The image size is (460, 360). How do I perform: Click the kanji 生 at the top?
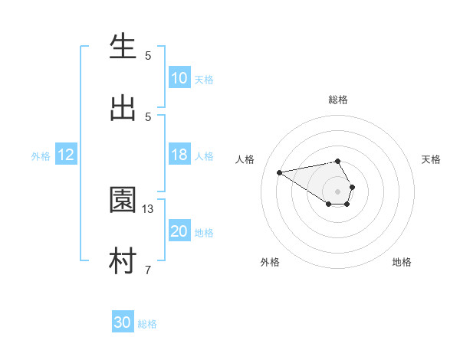click(123, 47)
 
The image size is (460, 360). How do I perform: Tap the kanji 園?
click(123, 201)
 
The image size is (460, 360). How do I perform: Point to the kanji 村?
click(123, 261)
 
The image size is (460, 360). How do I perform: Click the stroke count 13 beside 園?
click(148, 208)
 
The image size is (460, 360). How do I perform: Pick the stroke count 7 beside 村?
click(148, 270)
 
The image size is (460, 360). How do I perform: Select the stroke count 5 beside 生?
click(148, 55)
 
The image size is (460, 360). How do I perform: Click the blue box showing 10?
click(179, 78)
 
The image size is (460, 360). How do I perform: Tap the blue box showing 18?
click(179, 155)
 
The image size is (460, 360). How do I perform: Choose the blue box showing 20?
click(179, 231)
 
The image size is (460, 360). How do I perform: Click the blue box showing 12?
click(66, 155)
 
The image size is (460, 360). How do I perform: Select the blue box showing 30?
click(123, 322)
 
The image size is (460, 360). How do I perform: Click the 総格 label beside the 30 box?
click(147, 324)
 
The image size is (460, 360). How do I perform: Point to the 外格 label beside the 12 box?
click(41, 156)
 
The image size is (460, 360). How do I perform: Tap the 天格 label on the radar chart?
click(431, 159)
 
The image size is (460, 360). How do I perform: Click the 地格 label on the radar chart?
click(402, 262)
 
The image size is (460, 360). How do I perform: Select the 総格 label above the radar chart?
click(338, 100)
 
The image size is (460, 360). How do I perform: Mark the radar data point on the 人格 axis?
click(280, 172)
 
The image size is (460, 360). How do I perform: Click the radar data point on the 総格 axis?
click(338, 161)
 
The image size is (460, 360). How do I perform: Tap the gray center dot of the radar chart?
click(338, 191)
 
